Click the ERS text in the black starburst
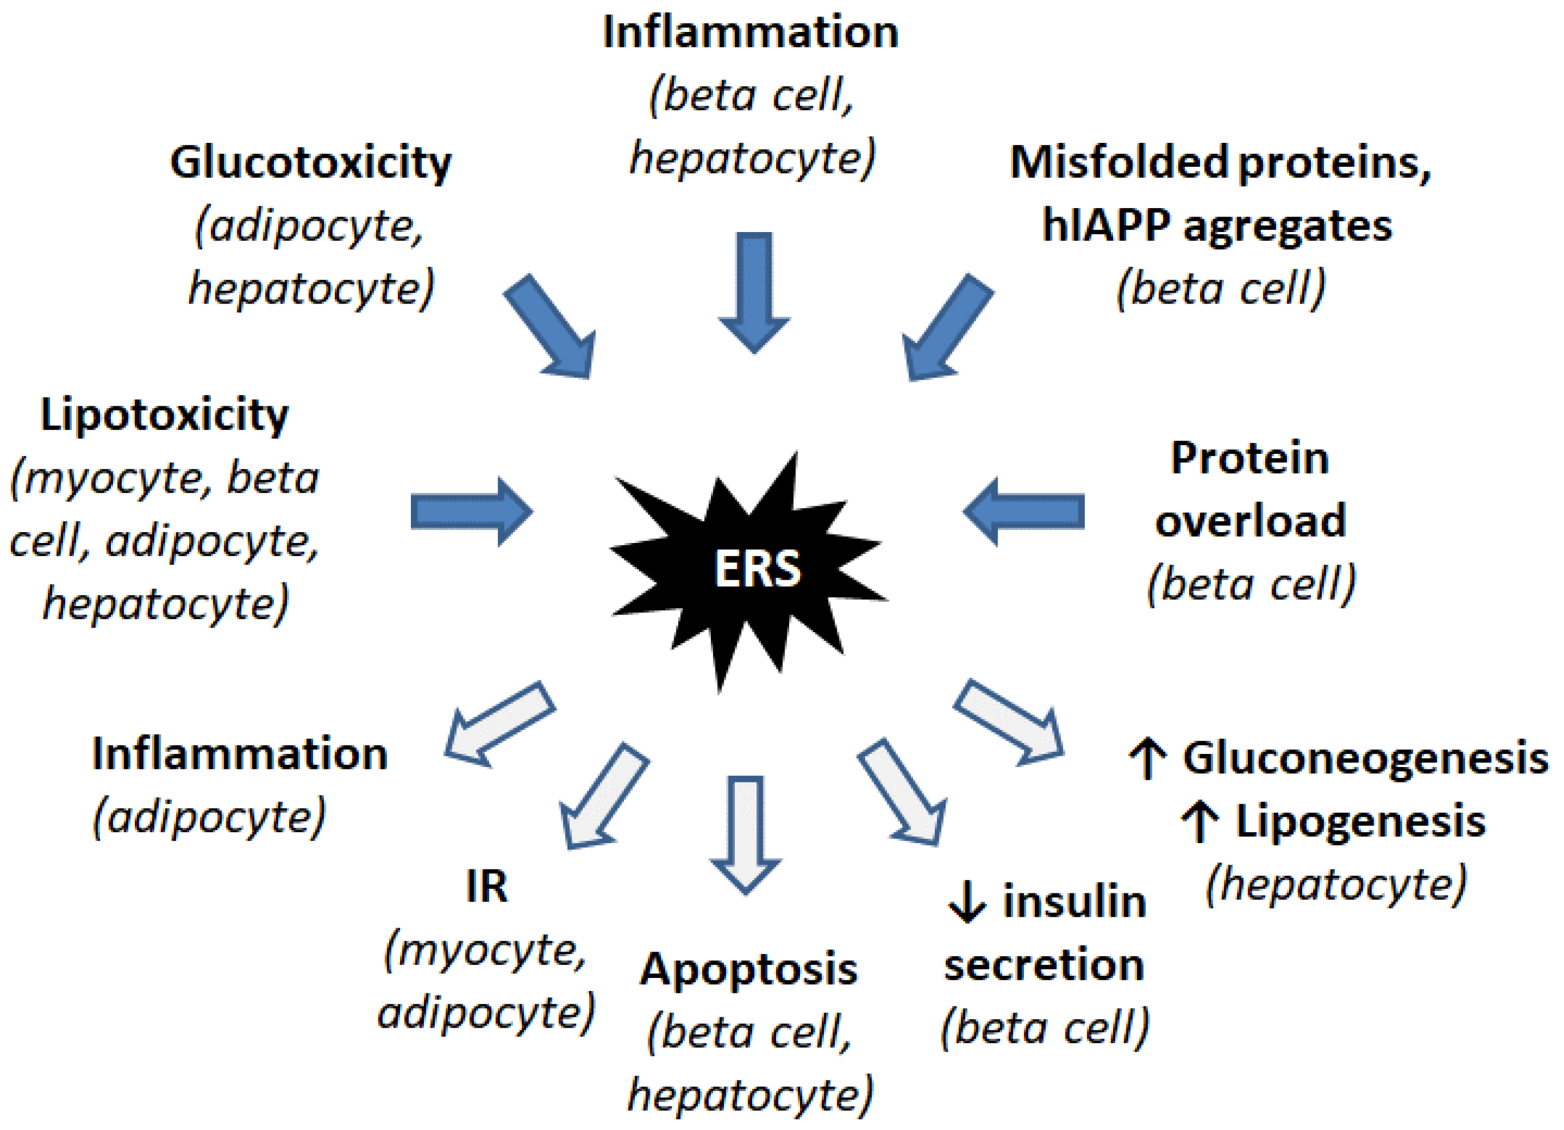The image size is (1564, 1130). coord(757,569)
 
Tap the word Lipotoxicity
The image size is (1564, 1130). coord(164,416)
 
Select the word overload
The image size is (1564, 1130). coord(1250,520)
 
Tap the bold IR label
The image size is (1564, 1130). coord(486,887)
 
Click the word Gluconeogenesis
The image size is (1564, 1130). coord(1365,758)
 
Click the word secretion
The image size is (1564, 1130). coord(1044,964)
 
